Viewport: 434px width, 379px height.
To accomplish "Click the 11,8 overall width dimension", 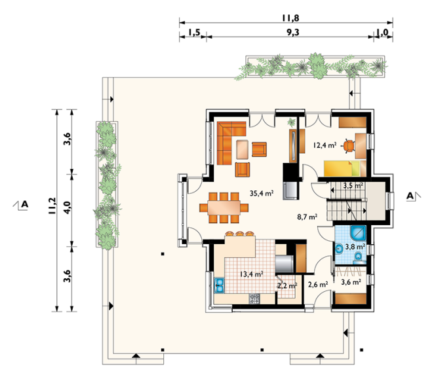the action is coord(290,18).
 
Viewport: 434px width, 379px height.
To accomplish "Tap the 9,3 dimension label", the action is coord(293,33).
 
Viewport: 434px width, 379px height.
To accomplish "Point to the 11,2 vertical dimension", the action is coord(52,206).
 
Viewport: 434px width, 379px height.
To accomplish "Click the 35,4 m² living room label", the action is coord(262,193).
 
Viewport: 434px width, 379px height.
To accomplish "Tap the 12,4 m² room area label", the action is coord(325,145).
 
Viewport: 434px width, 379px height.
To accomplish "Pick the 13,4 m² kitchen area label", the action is coord(251,274).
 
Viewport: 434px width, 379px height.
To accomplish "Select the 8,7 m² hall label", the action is coord(307,217).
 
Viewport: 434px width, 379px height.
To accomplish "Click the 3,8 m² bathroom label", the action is coord(355,246).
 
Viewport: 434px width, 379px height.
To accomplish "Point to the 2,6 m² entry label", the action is coord(319,285).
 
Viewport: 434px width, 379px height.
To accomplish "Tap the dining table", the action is coord(224,208).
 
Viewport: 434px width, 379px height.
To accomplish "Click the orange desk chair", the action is coord(349,146).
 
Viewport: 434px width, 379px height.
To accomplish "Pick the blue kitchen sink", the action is coord(220,285).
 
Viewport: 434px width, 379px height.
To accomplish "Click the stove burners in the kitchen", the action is coord(254,299).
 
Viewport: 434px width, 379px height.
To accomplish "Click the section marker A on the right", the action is coord(410,196).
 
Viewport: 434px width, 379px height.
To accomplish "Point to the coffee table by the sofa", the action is coord(243,149).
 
